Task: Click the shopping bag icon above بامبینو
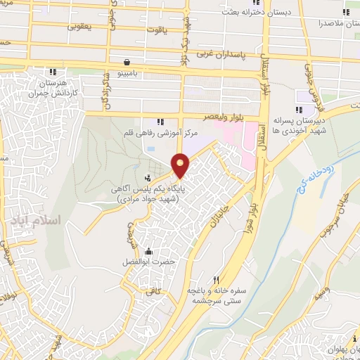[125, 62]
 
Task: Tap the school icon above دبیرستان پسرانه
[300, 109]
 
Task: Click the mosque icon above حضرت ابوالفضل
[148, 252]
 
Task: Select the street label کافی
[153, 290]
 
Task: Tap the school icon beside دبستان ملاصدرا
[347, 11]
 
